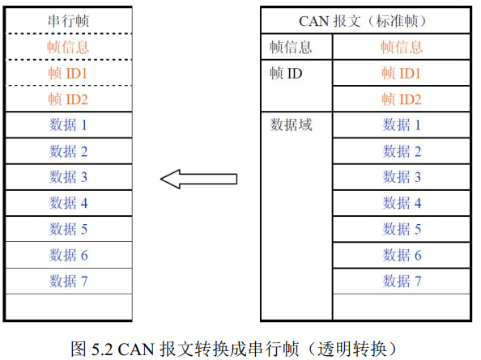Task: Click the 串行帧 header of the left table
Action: [68, 21]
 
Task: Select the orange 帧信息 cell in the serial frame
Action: [68, 47]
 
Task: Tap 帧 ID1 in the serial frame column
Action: [68, 74]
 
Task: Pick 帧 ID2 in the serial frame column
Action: [68, 100]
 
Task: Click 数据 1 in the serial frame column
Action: [68, 125]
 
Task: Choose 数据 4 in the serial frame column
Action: [68, 203]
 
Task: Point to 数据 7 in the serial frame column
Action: [68, 281]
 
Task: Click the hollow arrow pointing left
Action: [198, 179]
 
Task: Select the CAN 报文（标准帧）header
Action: [363, 21]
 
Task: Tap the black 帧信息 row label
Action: [291, 47]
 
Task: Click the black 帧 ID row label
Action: [286, 74]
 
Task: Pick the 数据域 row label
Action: [291, 125]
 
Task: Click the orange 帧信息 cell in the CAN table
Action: [402, 47]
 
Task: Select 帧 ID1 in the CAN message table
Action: [402, 74]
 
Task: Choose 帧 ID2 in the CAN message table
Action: [402, 100]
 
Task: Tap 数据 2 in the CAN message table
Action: [402, 151]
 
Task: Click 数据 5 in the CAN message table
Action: [402, 229]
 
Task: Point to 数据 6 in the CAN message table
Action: [402, 255]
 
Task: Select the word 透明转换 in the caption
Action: [352, 349]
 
